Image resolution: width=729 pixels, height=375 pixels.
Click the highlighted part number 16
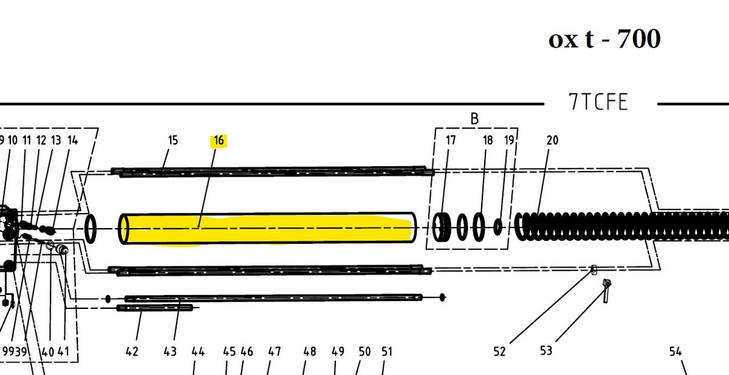(x=219, y=141)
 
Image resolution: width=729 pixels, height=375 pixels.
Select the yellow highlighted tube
(x=267, y=229)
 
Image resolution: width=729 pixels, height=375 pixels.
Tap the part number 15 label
(x=173, y=141)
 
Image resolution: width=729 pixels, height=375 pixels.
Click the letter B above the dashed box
(x=474, y=120)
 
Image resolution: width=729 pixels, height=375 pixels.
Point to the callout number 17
(x=451, y=141)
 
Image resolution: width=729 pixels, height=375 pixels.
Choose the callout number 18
(x=488, y=141)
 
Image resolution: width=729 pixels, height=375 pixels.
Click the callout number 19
(x=509, y=141)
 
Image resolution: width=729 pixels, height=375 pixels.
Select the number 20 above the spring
(x=552, y=141)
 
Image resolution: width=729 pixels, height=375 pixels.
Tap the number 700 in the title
(x=638, y=39)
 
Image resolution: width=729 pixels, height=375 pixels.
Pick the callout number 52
(x=499, y=351)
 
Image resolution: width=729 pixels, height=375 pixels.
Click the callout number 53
(x=546, y=351)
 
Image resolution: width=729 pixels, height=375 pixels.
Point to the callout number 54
(x=676, y=351)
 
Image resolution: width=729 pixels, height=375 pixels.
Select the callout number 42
(x=132, y=351)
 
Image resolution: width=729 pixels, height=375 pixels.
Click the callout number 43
(x=170, y=351)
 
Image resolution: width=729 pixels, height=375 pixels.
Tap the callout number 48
(x=310, y=351)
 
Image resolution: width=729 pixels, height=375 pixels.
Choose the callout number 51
(x=386, y=351)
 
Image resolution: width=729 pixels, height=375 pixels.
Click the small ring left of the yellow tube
(x=91, y=229)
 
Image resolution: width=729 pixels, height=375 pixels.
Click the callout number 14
(x=72, y=141)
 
